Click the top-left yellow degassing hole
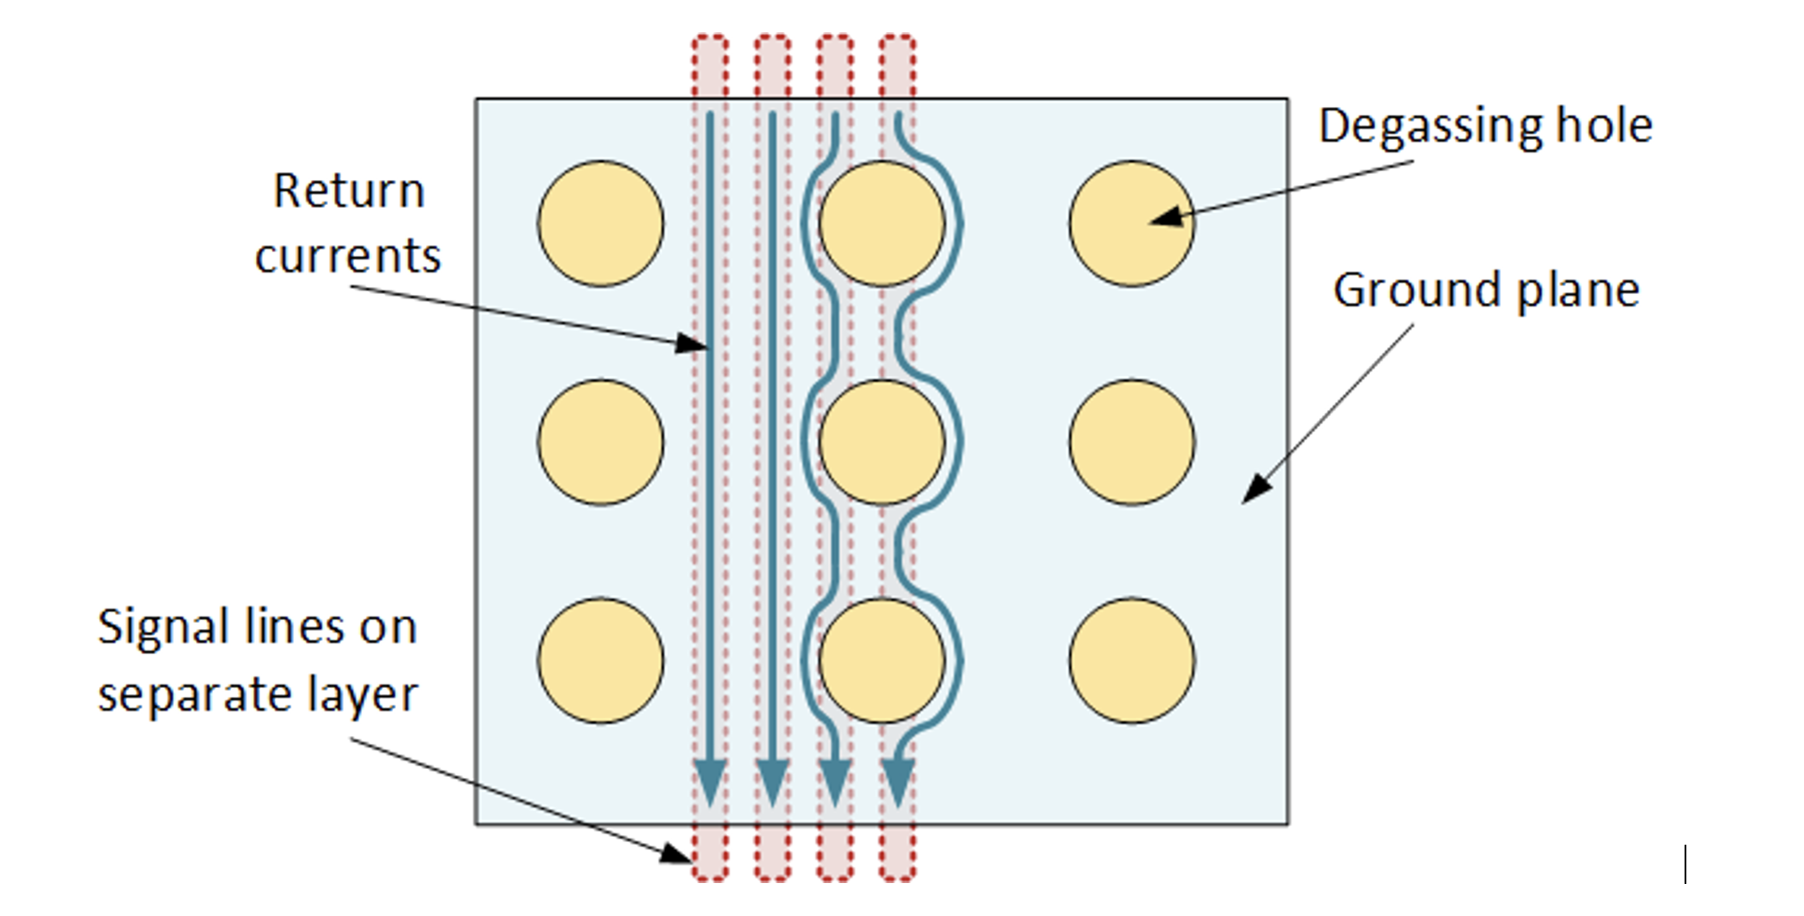click(x=601, y=224)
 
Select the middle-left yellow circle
click(x=601, y=442)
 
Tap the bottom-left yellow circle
click(x=601, y=660)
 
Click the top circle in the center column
click(x=881, y=224)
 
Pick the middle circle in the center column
click(x=881, y=442)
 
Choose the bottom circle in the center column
click(x=881, y=660)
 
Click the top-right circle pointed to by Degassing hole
click(x=1132, y=224)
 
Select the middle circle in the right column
click(x=1132, y=442)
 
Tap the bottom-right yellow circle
click(x=1132, y=660)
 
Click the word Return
click(x=348, y=191)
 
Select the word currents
click(x=348, y=257)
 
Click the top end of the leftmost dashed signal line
click(x=710, y=37)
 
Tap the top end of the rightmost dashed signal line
click(x=898, y=37)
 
